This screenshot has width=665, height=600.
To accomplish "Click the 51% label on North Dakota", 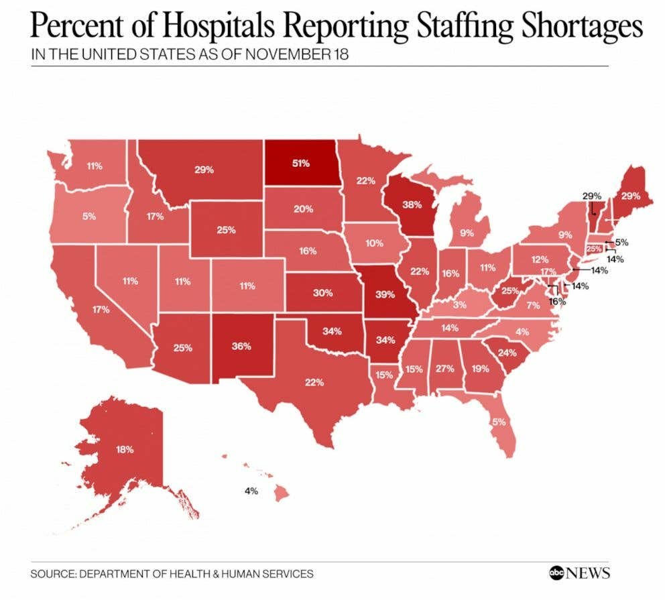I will (x=300, y=163).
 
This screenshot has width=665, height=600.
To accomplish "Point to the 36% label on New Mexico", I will (x=241, y=347).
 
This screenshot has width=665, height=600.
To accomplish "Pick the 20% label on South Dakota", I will (x=303, y=208).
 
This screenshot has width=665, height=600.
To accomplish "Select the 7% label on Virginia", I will (x=532, y=305).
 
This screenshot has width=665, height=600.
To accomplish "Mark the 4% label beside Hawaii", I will (x=251, y=491).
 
